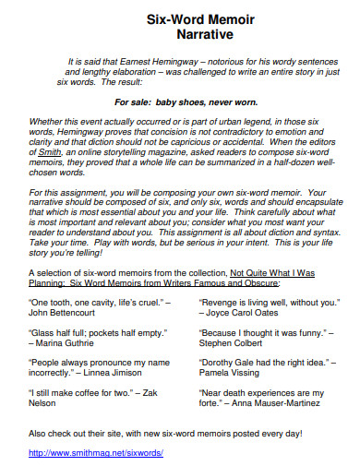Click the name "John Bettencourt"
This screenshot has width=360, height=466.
coord(70,314)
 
